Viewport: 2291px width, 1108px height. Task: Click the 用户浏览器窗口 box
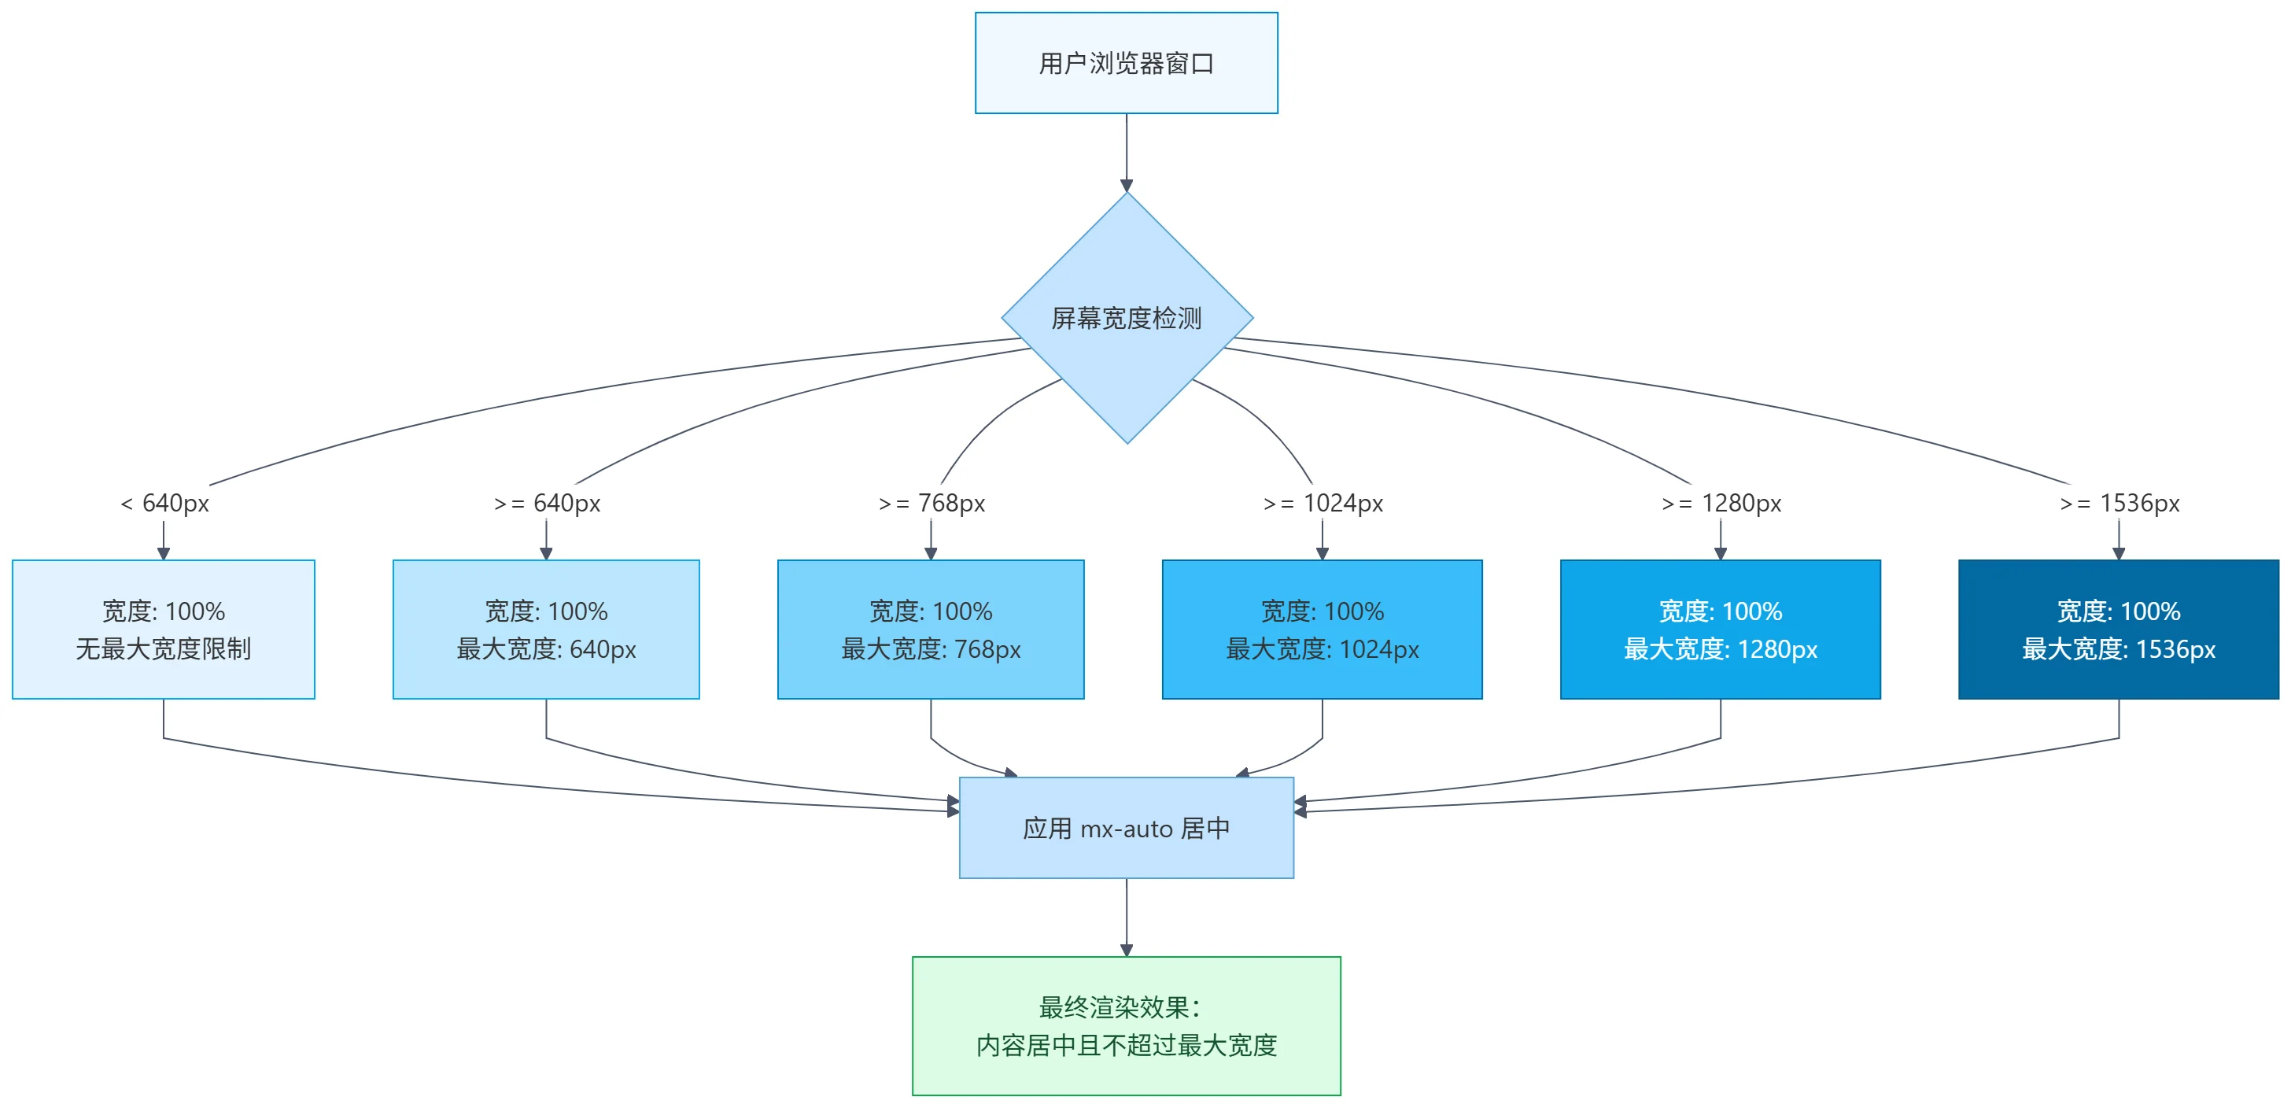[x=1126, y=63]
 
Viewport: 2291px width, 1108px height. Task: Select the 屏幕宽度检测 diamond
[x=1126, y=317]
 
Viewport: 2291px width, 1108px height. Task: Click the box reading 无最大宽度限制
[x=164, y=630]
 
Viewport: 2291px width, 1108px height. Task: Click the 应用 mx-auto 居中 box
[x=1126, y=828]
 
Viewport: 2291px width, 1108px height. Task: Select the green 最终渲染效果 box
[x=1126, y=1025]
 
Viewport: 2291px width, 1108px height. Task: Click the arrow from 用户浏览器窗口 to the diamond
[x=1126, y=151]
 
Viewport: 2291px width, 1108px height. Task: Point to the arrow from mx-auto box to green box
[x=1126, y=917]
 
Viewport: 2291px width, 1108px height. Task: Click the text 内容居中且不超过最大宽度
[x=1126, y=1045]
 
